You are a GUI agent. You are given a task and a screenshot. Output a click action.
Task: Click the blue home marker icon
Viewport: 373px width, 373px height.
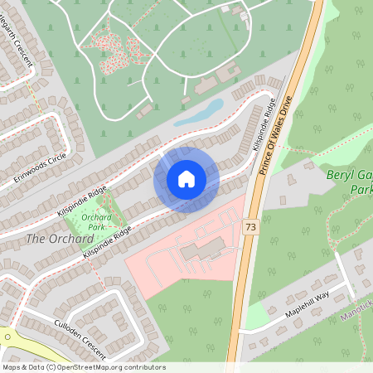click(x=186, y=179)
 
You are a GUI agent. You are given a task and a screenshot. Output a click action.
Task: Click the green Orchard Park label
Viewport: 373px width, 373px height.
click(x=97, y=221)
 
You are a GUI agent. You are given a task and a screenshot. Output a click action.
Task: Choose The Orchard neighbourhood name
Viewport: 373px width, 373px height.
click(x=59, y=239)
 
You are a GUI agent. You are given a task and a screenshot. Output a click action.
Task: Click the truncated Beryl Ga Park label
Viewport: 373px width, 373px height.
click(x=349, y=182)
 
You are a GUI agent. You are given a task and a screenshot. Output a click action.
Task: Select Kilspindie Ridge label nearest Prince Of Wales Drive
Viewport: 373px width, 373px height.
click(x=264, y=126)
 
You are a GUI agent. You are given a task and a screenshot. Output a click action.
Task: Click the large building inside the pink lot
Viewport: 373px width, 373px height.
click(x=204, y=249)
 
